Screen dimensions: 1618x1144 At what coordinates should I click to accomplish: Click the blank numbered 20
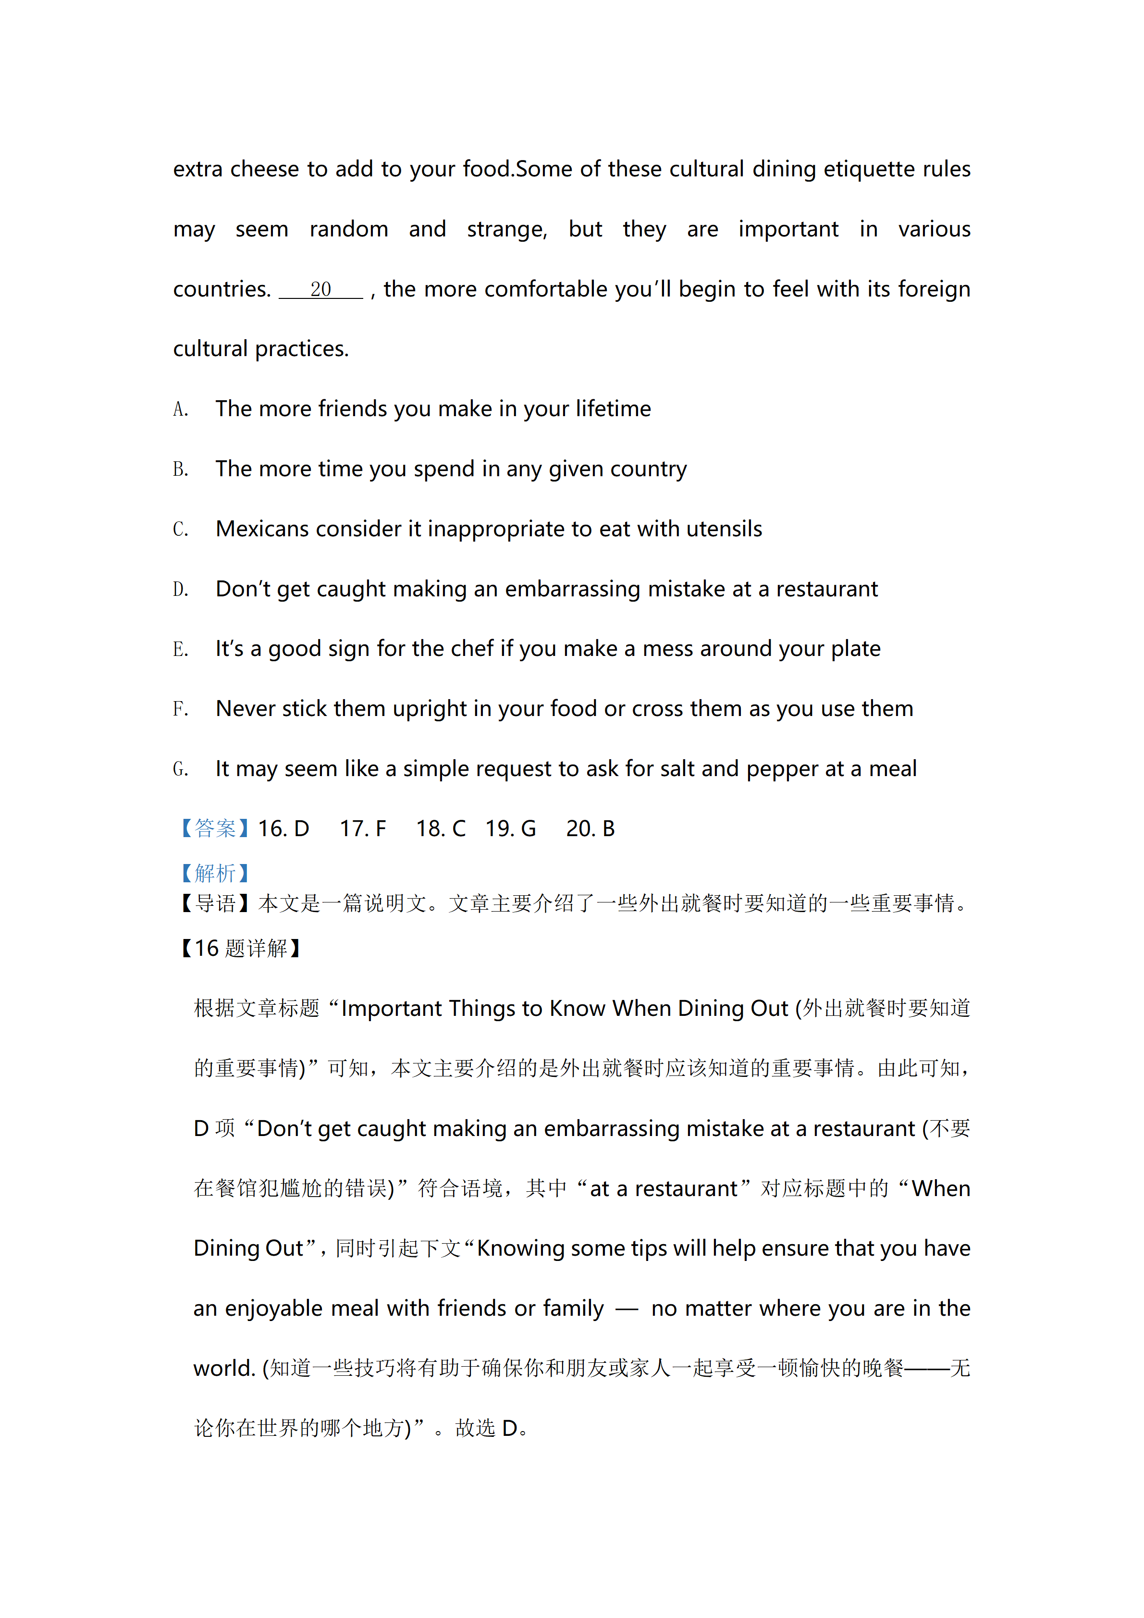tap(321, 290)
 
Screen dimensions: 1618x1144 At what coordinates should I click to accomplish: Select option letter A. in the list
tap(180, 409)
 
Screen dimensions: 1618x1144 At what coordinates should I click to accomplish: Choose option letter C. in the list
tap(180, 529)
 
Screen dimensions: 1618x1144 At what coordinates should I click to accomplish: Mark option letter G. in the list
tap(180, 769)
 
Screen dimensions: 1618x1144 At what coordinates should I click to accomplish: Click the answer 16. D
tap(283, 829)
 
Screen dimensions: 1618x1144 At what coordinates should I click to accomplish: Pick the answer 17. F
tap(363, 829)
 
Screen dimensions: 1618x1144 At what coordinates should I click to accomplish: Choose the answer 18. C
tap(440, 829)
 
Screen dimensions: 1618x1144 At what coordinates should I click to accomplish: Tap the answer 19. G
tap(510, 829)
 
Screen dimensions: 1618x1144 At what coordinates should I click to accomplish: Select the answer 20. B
tap(590, 829)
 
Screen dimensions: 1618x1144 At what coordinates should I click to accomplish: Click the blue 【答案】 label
tap(214, 829)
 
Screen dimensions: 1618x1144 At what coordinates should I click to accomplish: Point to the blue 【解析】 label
tap(214, 874)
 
